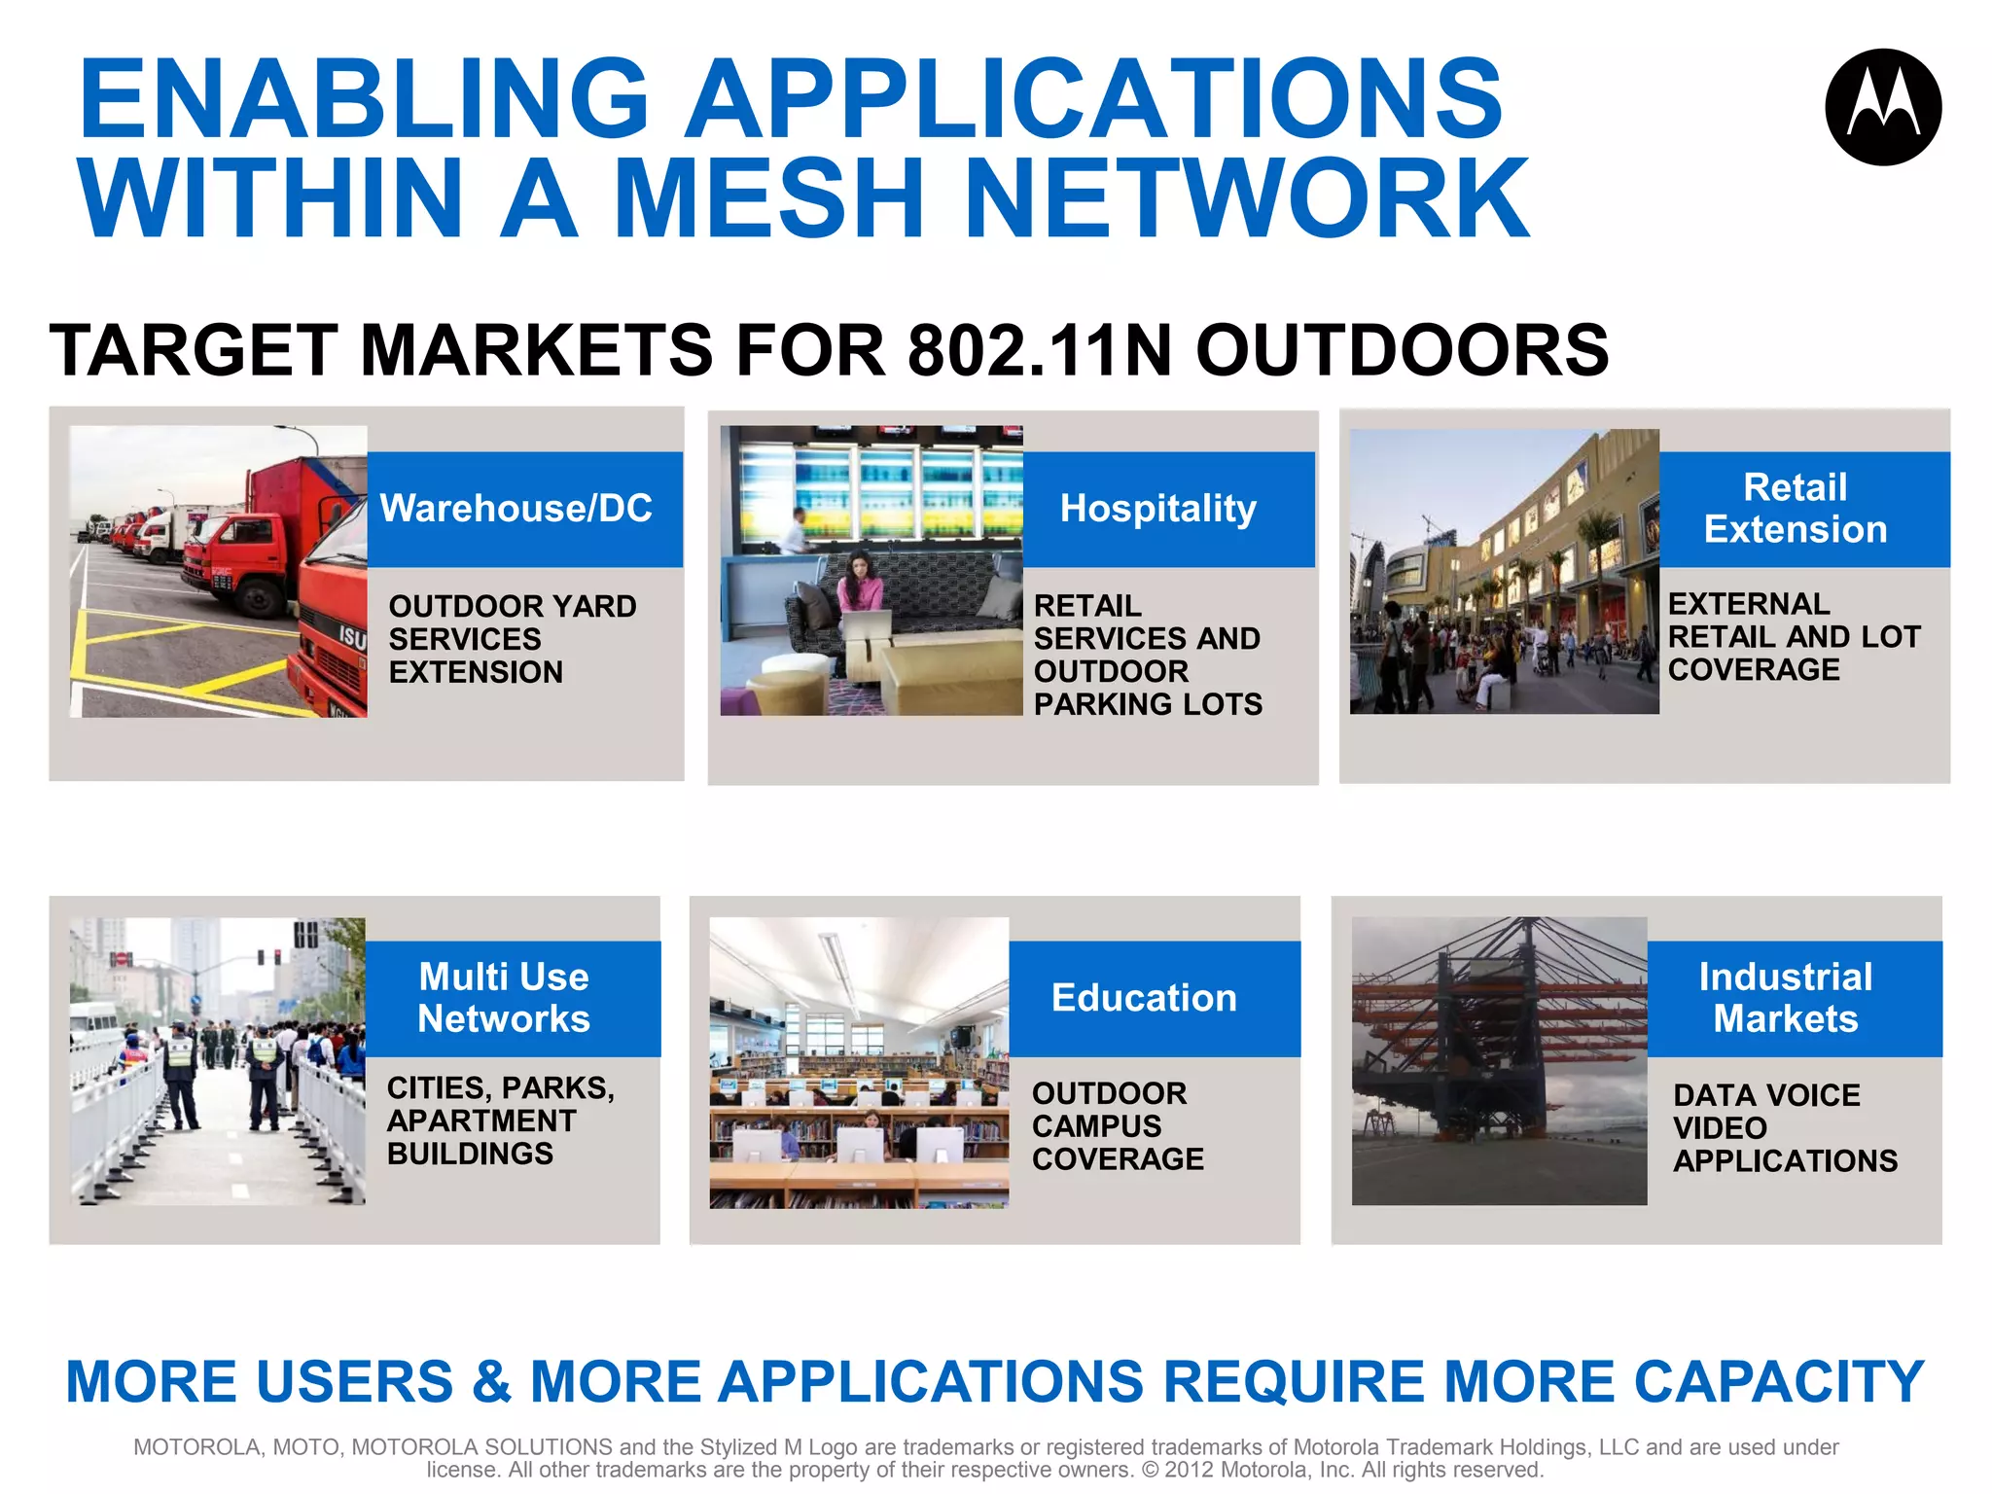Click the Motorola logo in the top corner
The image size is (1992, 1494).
(x=1883, y=107)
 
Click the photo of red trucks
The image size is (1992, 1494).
(x=219, y=572)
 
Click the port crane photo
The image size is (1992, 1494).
(x=1498, y=1060)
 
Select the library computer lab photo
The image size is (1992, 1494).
(x=859, y=1062)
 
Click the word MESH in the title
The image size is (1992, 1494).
(x=767, y=198)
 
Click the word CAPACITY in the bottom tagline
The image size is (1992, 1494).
(x=1779, y=1382)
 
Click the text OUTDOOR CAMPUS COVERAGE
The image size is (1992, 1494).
(x=1117, y=1126)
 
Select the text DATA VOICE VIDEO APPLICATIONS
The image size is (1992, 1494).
(x=1784, y=1128)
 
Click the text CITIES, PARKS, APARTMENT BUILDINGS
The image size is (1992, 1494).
(x=500, y=1120)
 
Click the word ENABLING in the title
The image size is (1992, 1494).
(x=364, y=99)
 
